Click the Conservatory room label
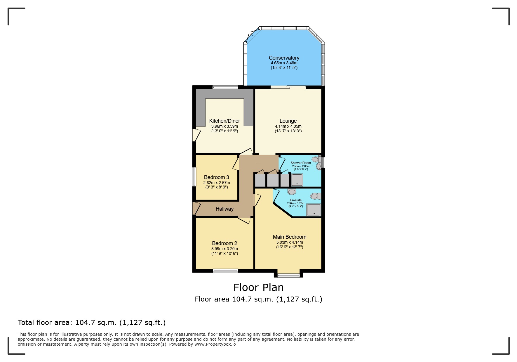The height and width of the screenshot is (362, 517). [284, 58]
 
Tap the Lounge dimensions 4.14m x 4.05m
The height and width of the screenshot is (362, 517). [288, 126]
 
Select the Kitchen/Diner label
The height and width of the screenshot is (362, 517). [224, 121]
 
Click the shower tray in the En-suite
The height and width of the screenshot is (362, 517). [314, 210]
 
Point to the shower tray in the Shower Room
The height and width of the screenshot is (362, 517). [297, 180]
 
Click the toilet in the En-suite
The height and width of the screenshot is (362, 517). [316, 196]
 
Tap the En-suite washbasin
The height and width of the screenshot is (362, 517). [292, 191]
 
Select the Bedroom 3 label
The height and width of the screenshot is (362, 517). [216, 177]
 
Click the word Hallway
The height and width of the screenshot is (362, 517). [224, 209]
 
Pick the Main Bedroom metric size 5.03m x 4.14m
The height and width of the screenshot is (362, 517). [289, 242]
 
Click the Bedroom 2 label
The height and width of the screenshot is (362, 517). [224, 243]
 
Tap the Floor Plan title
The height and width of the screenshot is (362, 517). [258, 287]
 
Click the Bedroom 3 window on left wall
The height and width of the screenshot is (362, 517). [194, 176]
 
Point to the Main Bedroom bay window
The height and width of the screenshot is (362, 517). [288, 275]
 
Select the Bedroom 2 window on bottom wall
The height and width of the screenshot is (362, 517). [225, 271]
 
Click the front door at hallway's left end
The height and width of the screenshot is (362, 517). [195, 208]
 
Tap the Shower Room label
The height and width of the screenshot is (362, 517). [300, 163]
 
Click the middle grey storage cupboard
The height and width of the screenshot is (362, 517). [273, 180]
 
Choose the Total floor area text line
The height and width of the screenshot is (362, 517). [92, 323]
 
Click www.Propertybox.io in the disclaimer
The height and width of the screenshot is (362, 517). [215, 344]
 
